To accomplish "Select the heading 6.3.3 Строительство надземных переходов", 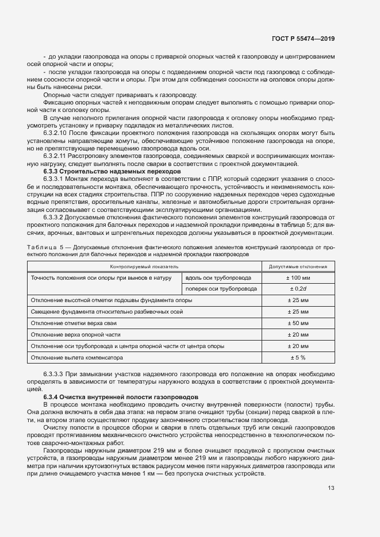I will [x=103, y=172].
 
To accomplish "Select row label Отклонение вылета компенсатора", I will [x=77, y=358].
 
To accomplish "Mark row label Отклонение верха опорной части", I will [x=75, y=335].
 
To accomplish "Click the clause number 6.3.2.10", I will [x=57, y=133].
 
